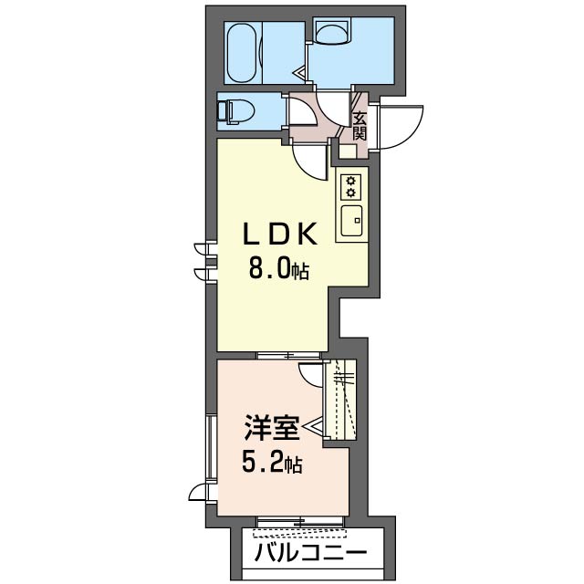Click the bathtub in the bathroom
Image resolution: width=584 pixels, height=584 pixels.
click(x=244, y=53)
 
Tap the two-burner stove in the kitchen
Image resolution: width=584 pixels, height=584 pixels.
click(x=349, y=186)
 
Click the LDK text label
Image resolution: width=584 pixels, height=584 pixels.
click(x=278, y=235)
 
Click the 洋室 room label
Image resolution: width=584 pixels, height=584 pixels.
click(x=272, y=427)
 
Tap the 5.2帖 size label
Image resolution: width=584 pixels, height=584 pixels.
click(x=272, y=464)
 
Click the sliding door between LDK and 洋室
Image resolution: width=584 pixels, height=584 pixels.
click(x=290, y=355)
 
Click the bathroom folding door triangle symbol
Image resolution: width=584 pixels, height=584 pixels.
click(x=299, y=69)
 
